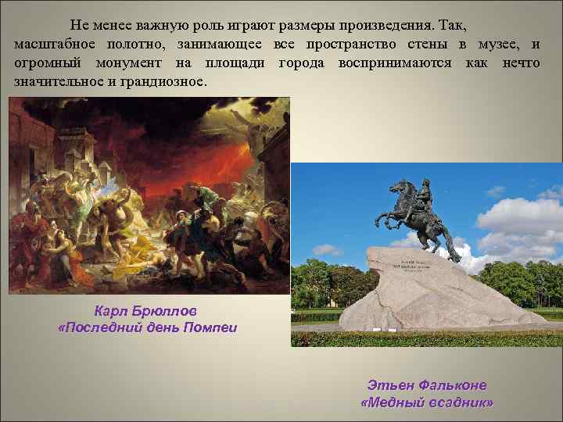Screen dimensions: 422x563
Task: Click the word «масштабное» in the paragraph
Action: click(52, 43)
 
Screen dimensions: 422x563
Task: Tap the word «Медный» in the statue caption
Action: click(398, 402)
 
